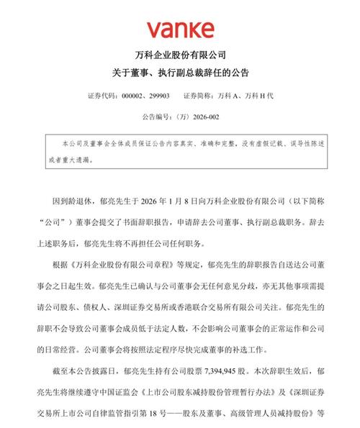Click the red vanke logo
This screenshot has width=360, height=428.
(x=181, y=29)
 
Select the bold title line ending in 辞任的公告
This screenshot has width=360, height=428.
(x=180, y=73)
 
